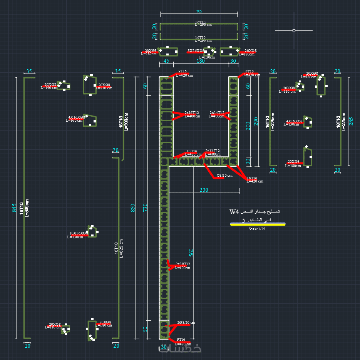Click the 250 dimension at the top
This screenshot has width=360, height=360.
click(x=199, y=12)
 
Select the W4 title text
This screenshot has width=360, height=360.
click(x=234, y=212)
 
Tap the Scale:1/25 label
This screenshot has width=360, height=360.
click(x=257, y=229)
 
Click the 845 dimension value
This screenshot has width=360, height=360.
click(x=15, y=208)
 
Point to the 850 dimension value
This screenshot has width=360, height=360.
click(x=132, y=208)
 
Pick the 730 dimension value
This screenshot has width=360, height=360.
click(x=146, y=208)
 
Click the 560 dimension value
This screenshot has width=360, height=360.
click(x=191, y=252)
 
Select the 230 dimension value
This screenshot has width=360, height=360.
click(x=204, y=190)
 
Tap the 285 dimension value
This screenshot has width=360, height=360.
click(x=351, y=121)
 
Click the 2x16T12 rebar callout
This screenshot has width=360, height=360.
click(x=192, y=113)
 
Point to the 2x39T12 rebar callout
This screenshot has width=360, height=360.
click(x=183, y=264)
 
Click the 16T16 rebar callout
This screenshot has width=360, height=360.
click(x=252, y=178)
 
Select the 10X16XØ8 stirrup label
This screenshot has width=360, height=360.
click(x=78, y=233)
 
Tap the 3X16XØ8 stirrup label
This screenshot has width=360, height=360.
click(x=196, y=50)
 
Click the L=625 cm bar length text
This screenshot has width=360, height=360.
click(x=122, y=249)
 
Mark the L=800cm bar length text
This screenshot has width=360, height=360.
click(x=27, y=208)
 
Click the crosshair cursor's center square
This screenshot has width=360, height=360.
click(x=294, y=30)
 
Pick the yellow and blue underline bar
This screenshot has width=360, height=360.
click(x=258, y=224)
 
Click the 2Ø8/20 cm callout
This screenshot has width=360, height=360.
click(x=186, y=323)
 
